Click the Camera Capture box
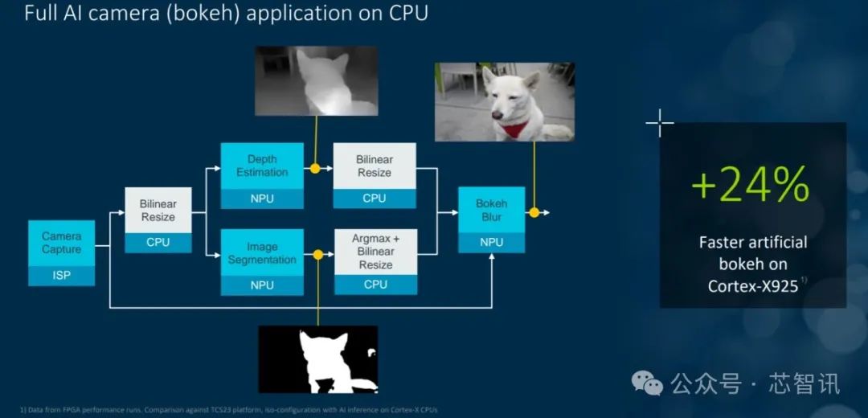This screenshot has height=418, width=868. [62, 243]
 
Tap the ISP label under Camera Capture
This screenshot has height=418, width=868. [62, 276]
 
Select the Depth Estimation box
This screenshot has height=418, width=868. [262, 166]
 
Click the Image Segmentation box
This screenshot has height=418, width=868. [262, 252]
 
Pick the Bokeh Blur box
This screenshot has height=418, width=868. [491, 210]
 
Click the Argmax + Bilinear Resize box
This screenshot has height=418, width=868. [375, 252]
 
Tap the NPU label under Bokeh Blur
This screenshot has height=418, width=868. [491, 242]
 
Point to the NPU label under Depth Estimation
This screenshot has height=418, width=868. [262, 199]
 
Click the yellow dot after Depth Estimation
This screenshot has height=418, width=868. [315, 170]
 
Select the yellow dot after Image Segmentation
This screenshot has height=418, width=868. [317, 255]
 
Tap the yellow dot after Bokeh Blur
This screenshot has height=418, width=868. [533, 213]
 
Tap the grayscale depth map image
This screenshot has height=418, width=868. [316, 80]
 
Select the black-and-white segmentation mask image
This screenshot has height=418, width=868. [317, 359]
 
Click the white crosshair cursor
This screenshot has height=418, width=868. [659, 124]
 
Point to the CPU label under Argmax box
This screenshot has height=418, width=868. [375, 285]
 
